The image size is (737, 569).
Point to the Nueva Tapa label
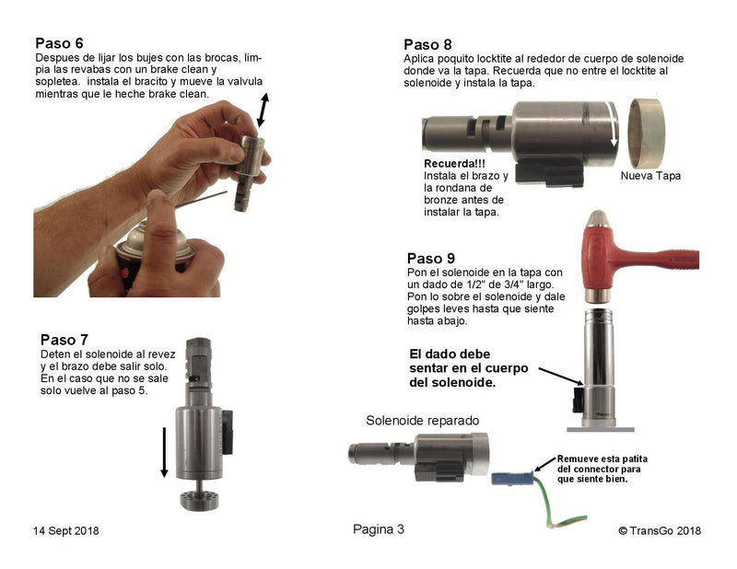click(x=650, y=175)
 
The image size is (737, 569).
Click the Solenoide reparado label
click(x=423, y=420)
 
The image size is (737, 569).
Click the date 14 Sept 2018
click(x=66, y=530)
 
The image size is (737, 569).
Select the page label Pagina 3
click(x=378, y=528)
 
